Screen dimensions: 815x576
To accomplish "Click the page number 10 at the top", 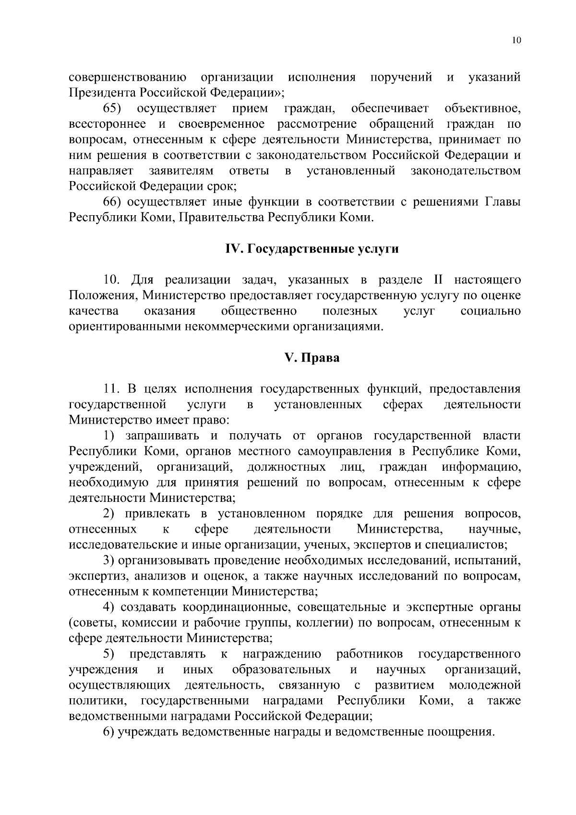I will (x=516, y=40).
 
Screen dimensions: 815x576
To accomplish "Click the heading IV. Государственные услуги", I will (x=312, y=249).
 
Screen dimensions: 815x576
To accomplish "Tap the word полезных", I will (x=349, y=311).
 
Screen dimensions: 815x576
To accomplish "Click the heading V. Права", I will (x=312, y=358).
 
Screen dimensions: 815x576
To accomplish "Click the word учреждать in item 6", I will (x=146, y=732).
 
